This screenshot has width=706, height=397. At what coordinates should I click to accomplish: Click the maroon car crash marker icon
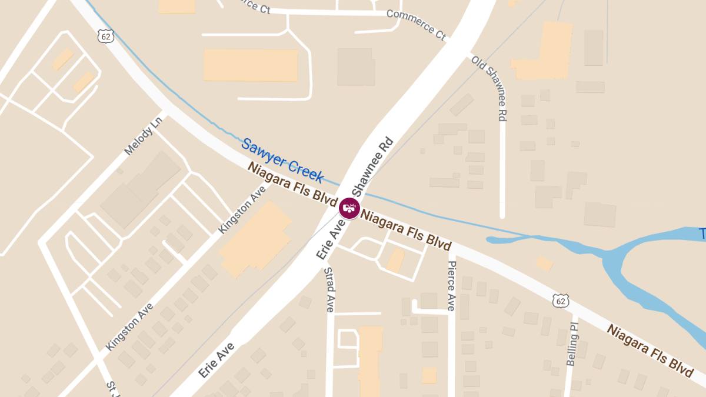coord(349,208)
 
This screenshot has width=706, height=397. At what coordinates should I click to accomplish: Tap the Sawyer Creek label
coord(282,161)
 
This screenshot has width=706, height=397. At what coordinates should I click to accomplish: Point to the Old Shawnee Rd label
coord(489,88)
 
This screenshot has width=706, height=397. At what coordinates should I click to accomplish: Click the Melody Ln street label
coord(143,136)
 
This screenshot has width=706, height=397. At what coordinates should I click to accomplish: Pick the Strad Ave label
coord(329,289)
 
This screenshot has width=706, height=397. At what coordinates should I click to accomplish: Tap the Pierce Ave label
coord(451,285)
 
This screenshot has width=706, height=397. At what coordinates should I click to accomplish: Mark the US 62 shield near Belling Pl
coord(561,301)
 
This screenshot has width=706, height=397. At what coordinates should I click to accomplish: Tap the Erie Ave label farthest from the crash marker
coord(217,360)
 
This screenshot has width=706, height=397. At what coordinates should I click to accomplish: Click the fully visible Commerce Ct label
coord(417,24)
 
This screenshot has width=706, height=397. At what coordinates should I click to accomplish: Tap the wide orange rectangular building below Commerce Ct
coord(251,65)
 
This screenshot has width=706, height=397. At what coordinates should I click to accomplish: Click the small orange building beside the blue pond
coord(544,264)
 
